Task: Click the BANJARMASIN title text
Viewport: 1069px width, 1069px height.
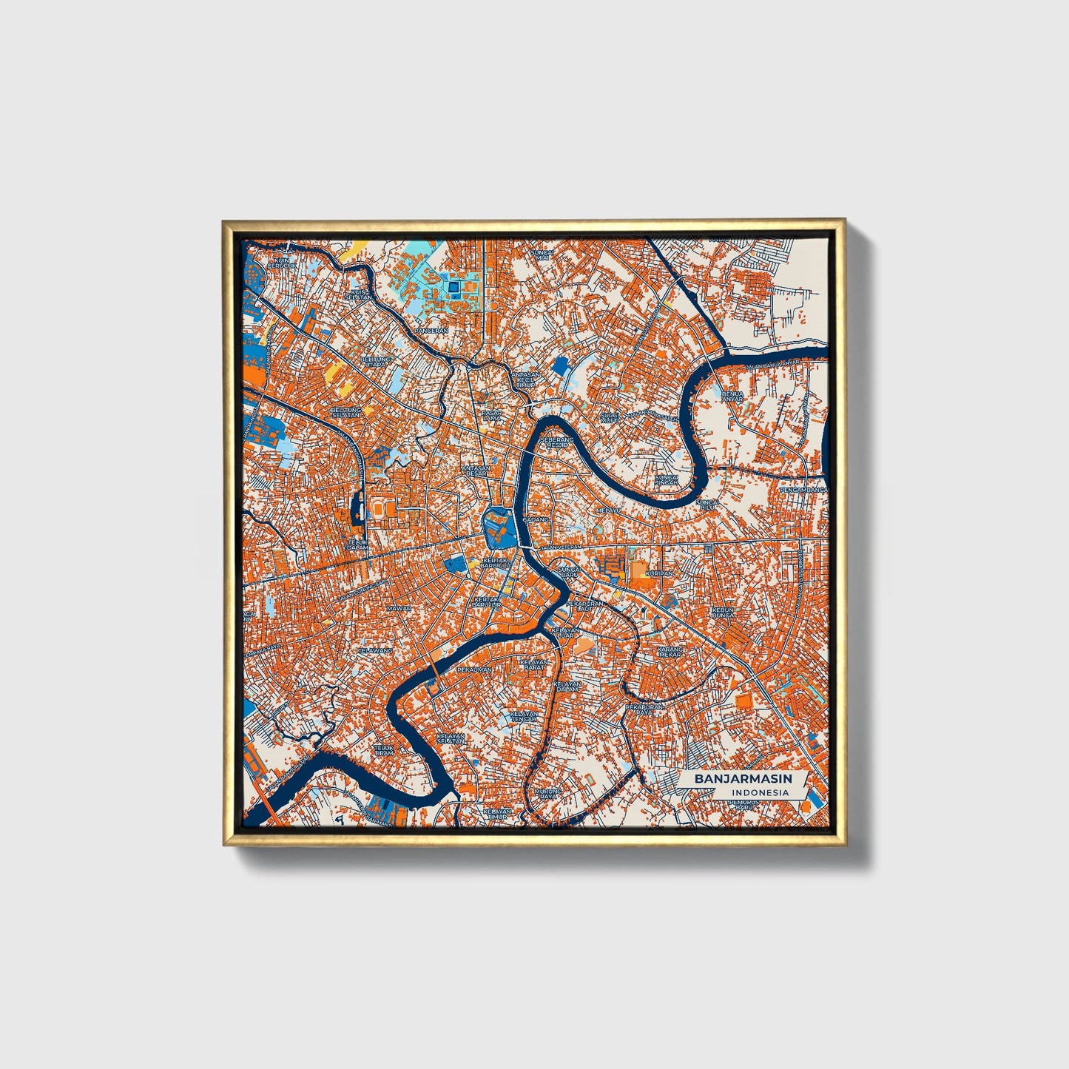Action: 742,779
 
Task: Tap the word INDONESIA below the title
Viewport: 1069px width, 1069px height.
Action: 760,793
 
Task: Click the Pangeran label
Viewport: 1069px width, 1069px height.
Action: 431,331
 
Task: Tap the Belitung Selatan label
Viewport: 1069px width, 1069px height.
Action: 345,412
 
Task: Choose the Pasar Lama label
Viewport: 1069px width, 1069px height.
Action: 492,416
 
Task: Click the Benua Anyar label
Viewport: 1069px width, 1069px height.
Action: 732,397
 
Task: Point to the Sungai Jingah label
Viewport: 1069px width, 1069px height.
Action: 667,481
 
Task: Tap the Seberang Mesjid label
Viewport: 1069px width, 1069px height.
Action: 558,442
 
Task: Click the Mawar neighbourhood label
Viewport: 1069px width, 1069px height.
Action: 398,609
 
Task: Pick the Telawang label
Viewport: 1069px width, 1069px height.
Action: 374,650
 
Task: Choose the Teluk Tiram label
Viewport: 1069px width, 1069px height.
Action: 383,750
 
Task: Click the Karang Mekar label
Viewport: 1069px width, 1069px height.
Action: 670,652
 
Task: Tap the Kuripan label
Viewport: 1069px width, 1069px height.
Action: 659,573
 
